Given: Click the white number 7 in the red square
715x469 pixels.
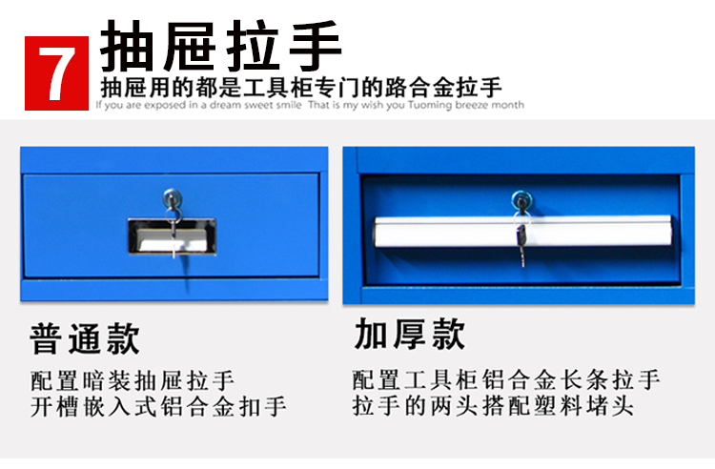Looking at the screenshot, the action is tap(56, 73).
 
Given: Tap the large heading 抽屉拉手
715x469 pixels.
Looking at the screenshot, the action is tap(221, 46).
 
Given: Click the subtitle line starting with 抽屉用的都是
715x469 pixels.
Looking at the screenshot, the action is tap(301, 87).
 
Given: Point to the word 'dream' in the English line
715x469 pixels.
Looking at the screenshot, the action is tap(225, 105).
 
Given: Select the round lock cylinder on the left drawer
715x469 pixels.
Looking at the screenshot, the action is tap(173, 198).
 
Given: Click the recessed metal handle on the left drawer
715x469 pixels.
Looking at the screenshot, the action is tap(172, 235).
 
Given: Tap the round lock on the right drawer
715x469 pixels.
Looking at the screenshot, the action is tap(522, 200).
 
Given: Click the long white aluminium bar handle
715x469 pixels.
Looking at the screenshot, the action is tap(523, 232).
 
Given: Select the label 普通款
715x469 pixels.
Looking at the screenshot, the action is tap(84, 338).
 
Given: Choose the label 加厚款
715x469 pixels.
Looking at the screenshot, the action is tap(409, 334).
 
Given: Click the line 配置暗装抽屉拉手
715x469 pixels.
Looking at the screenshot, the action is tap(133, 380).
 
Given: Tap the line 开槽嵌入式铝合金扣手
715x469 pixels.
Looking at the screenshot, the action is tap(158, 406).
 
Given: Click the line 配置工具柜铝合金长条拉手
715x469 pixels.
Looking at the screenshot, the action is tap(506, 379).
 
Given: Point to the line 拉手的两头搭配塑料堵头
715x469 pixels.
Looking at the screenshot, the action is tap(493, 405).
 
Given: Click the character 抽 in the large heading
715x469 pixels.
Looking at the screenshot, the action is tap(127, 46).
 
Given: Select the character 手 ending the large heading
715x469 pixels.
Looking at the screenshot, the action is tap(316, 46).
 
